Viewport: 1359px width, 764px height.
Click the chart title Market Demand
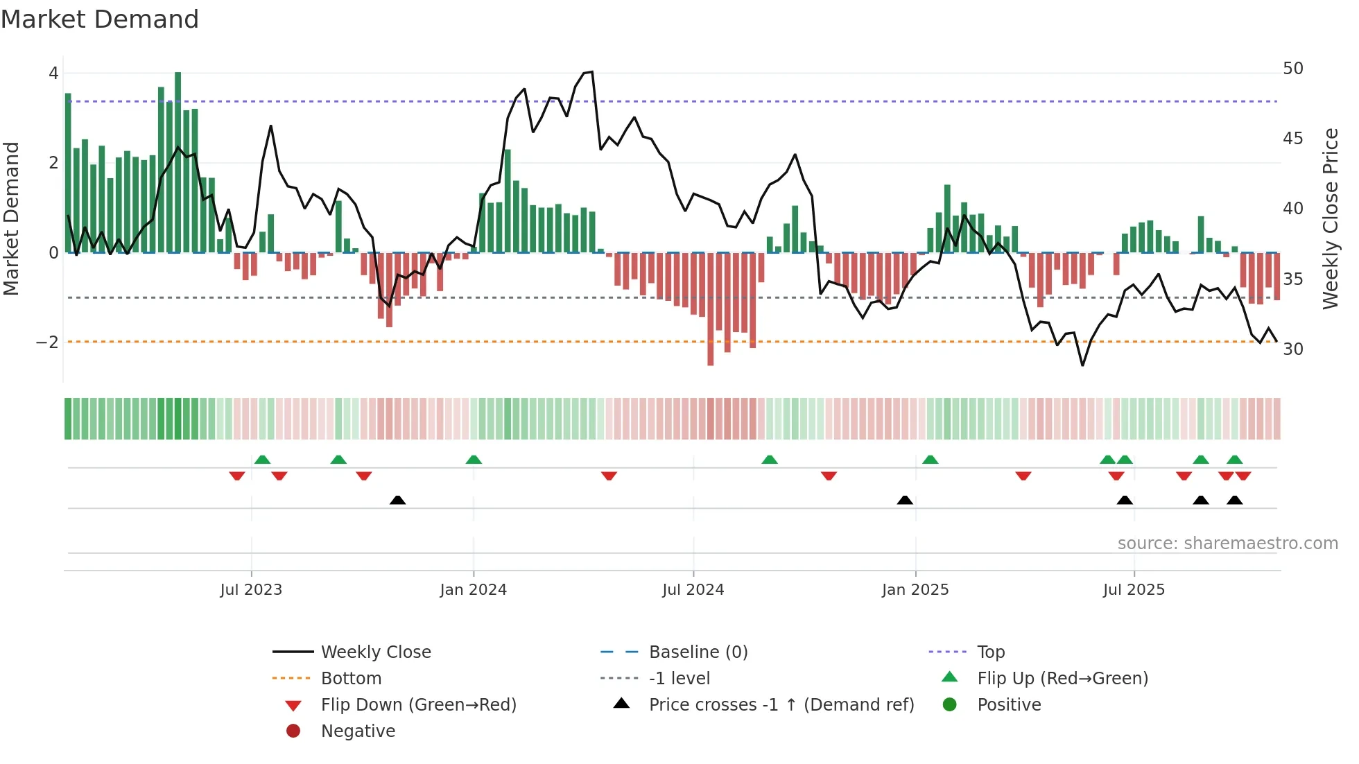(100, 19)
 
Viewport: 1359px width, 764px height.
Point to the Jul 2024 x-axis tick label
(693, 590)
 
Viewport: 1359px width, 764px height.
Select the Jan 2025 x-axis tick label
(915, 590)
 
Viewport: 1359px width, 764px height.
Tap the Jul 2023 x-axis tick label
(251, 590)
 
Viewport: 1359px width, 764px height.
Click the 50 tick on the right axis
(1292, 69)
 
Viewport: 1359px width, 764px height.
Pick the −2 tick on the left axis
(47, 342)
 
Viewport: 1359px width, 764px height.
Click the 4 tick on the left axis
(53, 73)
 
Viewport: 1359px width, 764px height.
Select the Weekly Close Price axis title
(1330, 218)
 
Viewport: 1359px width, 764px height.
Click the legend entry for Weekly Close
(375, 652)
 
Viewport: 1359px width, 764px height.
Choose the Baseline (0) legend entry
(698, 652)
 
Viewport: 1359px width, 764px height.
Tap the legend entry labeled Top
(990, 652)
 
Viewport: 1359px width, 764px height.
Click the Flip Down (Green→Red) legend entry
(418, 705)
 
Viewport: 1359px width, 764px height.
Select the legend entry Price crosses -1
(781, 705)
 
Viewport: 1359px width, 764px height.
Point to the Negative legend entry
(358, 731)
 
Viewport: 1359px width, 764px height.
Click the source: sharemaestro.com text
(1227, 544)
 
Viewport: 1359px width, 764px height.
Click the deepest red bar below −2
(710, 309)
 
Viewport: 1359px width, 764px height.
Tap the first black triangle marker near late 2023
(397, 500)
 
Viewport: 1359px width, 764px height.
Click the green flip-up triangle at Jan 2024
(474, 460)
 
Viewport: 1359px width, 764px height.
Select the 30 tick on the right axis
(1292, 349)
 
